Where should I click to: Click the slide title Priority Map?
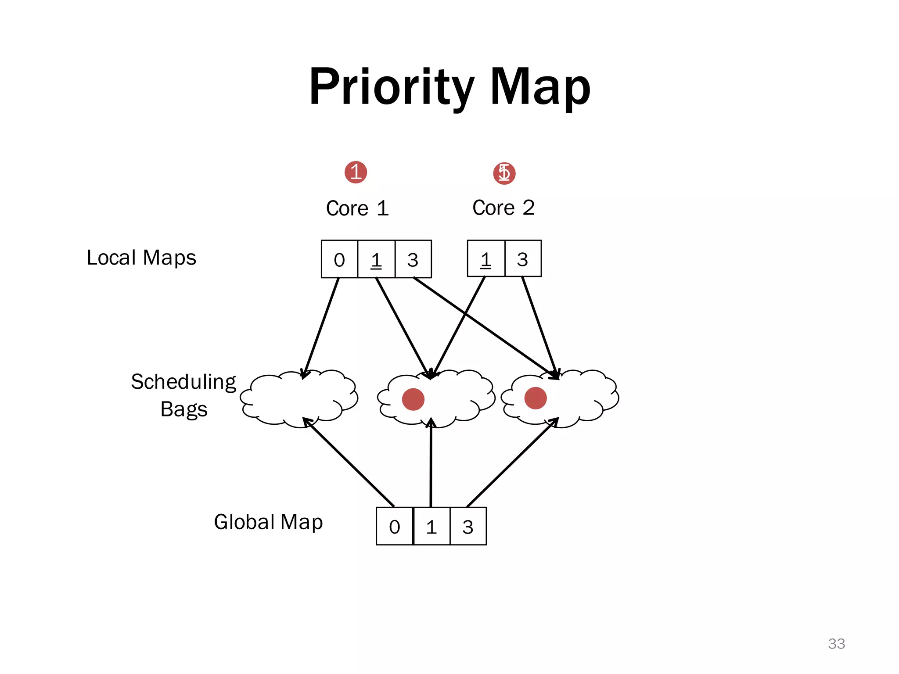click(449, 87)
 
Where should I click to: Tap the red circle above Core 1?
click(356, 172)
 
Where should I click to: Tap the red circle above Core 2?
click(504, 173)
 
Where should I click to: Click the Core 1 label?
click(357, 208)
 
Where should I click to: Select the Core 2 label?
click(503, 208)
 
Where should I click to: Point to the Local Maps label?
click(141, 258)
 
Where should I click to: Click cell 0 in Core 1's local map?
click(339, 259)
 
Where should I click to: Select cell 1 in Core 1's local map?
click(376, 259)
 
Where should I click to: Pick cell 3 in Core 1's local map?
click(413, 259)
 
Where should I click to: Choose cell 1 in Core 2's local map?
click(486, 259)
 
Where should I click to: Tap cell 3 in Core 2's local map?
click(523, 259)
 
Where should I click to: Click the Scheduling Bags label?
click(183, 395)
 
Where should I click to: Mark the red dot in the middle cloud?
click(413, 399)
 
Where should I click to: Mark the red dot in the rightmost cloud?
click(536, 398)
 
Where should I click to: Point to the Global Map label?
click(268, 522)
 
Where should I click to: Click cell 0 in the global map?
click(395, 527)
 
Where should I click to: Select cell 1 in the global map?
click(432, 527)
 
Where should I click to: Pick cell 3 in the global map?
click(468, 527)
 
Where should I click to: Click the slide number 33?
click(836, 644)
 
